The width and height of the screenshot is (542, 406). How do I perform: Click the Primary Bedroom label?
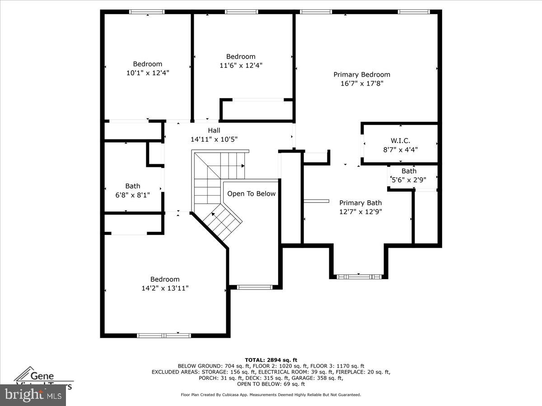[x=362, y=74]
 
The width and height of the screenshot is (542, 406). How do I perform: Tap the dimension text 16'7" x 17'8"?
[x=362, y=83]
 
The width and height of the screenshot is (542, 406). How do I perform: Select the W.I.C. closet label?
[x=400, y=141]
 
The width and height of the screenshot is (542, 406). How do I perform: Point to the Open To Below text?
[x=251, y=194]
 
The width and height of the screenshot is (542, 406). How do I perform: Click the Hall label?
[x=214, y=130]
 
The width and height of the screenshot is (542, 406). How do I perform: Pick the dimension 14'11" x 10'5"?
[x=214, y=139]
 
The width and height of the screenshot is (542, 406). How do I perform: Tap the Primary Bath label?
[x=360, y=203]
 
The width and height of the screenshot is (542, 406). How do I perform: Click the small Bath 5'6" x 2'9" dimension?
[x=409, y=180]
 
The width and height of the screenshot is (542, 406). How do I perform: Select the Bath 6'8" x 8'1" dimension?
[x=133, y=195]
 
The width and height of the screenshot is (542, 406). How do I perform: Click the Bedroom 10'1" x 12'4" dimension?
[x=148, y=72]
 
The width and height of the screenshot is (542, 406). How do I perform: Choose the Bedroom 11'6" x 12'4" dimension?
[x=241, y=65]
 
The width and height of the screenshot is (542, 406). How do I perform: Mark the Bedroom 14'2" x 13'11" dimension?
[x=165, y=288]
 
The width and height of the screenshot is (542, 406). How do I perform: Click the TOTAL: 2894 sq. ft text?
[x=271, y=360]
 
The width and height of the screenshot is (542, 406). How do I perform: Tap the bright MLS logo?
[x=33, y=395]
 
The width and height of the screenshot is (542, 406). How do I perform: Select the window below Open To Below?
[x=255, y=286]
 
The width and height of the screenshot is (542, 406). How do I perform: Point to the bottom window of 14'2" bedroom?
[x=164, y=335]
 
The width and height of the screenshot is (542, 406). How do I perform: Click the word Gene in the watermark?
[x=42, y=375]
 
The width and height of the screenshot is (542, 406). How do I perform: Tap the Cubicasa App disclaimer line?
[x=271, y=395]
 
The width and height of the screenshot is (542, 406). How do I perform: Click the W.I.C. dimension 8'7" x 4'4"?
[x=400, y=149]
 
